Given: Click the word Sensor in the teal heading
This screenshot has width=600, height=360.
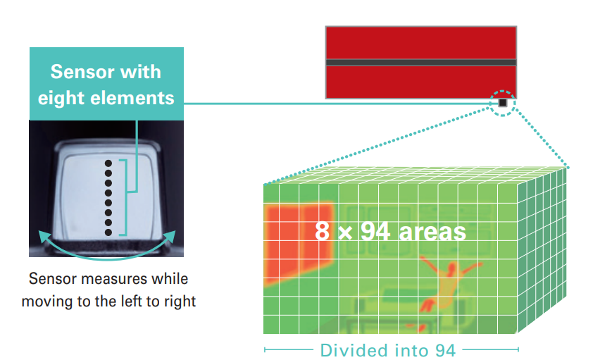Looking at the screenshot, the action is [x=82, y=72].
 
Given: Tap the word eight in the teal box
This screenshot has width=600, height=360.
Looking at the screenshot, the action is [x=61, y=99].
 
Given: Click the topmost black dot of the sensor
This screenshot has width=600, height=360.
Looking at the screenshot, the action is [x=108, y=163].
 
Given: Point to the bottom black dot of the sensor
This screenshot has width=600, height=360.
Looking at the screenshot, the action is [x=108, y=232].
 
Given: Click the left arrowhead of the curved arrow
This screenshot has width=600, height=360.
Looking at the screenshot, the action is [x=44, y=236].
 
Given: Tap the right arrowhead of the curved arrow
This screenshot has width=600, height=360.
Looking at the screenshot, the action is [x=170, y=236].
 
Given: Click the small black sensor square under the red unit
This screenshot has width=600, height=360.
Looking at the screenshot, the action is [x=502, y=103].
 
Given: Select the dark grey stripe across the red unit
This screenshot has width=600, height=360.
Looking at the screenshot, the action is [x=421, y=63].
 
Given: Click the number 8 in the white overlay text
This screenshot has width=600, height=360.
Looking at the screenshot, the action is [x=323, y=231].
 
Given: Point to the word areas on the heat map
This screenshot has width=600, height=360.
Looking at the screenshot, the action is [x=432, y=232].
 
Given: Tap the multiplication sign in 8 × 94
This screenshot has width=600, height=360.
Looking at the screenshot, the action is [x=345, y=232].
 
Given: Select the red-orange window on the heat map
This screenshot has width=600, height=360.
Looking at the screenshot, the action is [x=299, y=243].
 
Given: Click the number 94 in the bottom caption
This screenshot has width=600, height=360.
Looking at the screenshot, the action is [x=445, y=350].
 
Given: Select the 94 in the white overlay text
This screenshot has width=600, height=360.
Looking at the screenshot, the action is [x=375, y=231].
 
